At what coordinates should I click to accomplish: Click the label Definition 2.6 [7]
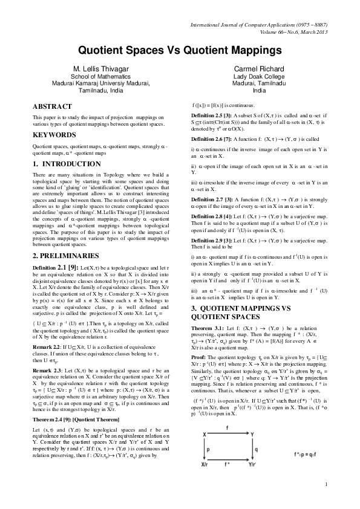coord(211,138)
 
